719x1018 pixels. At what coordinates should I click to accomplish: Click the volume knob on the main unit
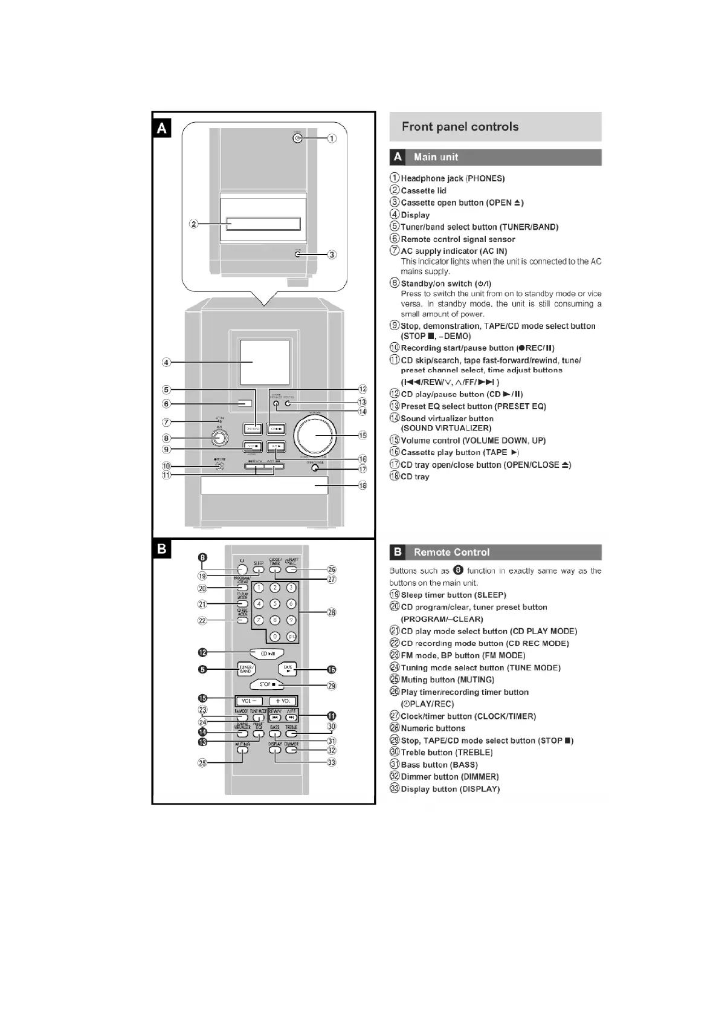(315, 436)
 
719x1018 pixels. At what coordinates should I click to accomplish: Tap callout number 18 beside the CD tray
(363, 485)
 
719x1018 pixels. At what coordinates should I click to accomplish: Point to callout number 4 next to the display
(166, 363)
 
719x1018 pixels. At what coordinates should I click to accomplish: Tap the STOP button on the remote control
(266, 685)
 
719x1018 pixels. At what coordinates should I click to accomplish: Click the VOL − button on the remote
(249, 701)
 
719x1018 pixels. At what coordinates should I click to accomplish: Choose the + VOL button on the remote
(283, 701)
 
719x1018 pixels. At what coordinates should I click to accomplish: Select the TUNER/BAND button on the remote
(246, 669)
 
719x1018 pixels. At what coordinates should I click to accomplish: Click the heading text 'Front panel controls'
(460, 127)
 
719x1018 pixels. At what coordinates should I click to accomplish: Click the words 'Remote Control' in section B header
(451, 553)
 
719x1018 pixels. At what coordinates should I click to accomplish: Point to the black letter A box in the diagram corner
(162, 128)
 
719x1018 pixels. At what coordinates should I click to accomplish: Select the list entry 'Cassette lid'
(423, 191)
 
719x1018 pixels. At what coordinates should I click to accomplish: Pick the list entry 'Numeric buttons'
(433, 728)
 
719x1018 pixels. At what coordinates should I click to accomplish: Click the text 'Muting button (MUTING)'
(447, 680)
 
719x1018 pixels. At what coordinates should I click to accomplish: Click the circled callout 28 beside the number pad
(331, 612)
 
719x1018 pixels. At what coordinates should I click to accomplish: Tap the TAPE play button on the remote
(288, 669)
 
